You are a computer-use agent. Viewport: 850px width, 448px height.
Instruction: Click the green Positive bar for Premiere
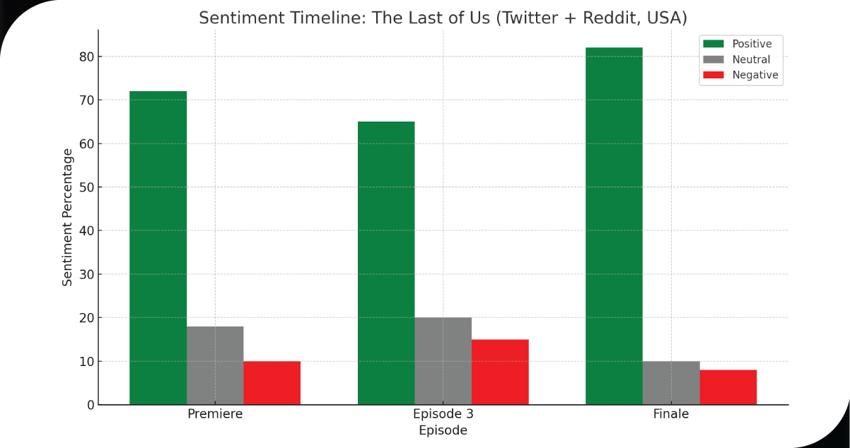[158, 247]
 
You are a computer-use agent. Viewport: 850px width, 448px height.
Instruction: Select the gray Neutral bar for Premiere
[215, 365]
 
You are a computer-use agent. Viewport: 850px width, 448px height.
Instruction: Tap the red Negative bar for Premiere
[272, 383]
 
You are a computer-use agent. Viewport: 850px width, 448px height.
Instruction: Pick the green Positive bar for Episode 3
[386, 263]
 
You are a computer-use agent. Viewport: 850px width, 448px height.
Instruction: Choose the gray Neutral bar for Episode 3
[443, 361]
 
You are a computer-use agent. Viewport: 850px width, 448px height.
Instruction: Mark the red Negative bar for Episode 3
[500, 372]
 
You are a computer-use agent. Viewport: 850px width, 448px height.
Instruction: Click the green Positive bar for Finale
[615, 226]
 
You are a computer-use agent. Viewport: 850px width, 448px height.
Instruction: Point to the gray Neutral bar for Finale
[671, 383]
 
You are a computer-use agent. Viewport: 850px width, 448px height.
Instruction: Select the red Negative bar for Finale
[728, 387]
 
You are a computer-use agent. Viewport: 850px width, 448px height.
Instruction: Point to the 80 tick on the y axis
[86, 57]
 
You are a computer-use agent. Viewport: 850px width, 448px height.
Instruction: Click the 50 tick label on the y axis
[86, 187]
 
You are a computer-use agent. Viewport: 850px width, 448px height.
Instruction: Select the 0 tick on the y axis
[90, 405]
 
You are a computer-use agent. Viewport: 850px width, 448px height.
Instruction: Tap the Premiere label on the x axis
[215, 414]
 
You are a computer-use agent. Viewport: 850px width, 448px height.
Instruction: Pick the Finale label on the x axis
[671, 414]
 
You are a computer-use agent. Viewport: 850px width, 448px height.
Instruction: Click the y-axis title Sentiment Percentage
[68, 217]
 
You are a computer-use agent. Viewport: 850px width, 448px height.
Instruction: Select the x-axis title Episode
[443, 430]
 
